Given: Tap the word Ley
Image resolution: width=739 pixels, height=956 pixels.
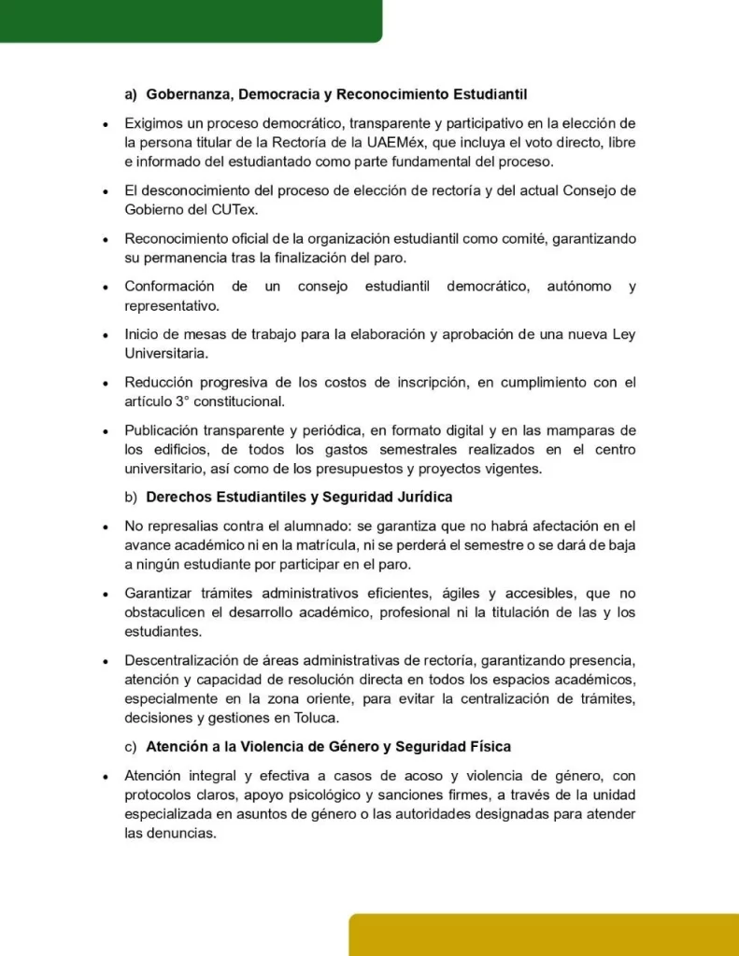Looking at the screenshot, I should tap(624, 334).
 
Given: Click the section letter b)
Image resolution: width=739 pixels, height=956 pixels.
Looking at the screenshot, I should tap(131, 497).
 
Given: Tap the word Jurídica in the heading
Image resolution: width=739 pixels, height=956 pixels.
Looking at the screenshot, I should tap(423, 497).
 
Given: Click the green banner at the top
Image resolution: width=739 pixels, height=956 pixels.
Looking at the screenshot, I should tap(187, 20).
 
